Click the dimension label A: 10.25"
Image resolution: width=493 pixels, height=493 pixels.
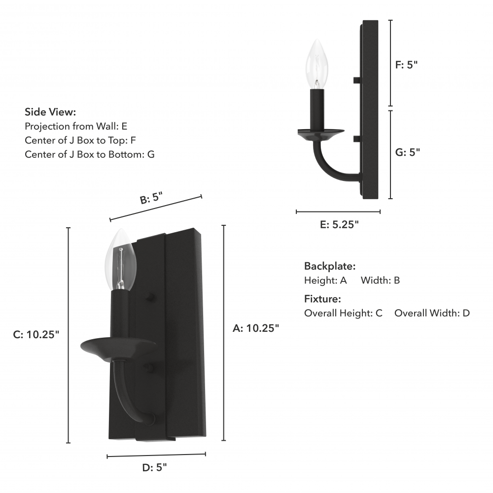[255, 328]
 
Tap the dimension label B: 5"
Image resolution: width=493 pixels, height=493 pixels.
[151, 198]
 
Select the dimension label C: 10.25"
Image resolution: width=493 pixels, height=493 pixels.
[36, 335]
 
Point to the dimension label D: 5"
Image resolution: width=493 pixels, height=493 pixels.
[154, 467]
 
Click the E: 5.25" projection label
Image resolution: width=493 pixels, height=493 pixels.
[339, 224]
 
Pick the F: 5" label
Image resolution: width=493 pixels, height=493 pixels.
[406, 65]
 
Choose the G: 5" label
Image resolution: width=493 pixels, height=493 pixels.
[408, 152]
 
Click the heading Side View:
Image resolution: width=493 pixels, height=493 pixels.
[50, 112]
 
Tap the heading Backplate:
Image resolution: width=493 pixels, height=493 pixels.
[330, 266]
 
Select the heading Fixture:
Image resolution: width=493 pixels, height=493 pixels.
[322, 299]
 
